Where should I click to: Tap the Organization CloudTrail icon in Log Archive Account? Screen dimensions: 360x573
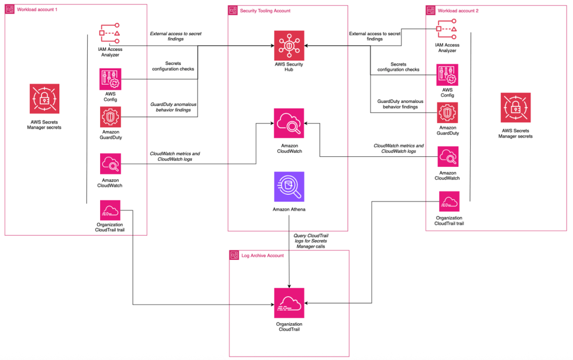[289, 303]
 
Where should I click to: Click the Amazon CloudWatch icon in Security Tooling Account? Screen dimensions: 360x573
[289, 123]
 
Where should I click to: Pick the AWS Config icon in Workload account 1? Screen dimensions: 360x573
[110, 80]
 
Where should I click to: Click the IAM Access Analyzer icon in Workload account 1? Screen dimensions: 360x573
[110, 35]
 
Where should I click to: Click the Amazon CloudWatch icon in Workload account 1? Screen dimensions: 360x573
[110, 164]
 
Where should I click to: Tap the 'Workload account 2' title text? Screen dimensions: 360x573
[458, 11]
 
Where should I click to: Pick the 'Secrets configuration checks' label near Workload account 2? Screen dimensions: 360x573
[398, 67]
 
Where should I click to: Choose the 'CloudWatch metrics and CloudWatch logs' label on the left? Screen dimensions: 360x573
[175, 156]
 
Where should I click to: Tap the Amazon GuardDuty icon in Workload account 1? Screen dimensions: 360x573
[110, 117]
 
